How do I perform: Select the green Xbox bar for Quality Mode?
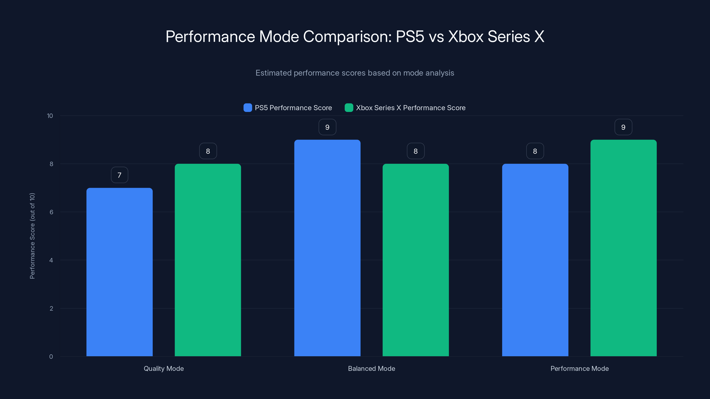[208, 260]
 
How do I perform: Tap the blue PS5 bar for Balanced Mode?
[327, 248]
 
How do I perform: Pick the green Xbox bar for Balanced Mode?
[416, 260]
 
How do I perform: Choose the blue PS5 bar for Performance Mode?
[535, 260]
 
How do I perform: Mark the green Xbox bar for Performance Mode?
[623, 248]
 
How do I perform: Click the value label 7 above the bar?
[119, 175]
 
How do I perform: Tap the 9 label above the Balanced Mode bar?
[327, 127]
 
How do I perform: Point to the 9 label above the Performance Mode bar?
[623, 127]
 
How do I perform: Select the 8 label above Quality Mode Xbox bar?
[208, 151]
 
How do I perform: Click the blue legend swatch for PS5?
[248, 108]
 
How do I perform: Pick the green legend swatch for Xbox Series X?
[349, 108]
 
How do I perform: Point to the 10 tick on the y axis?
[50, 116]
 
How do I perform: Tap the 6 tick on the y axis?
[51, 212]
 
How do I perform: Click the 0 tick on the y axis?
[51, 357]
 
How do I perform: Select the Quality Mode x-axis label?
[164, 368]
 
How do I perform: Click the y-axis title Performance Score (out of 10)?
[32, 236]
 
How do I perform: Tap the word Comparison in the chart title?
[347, 37]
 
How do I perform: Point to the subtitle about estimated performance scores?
[355, 73]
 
